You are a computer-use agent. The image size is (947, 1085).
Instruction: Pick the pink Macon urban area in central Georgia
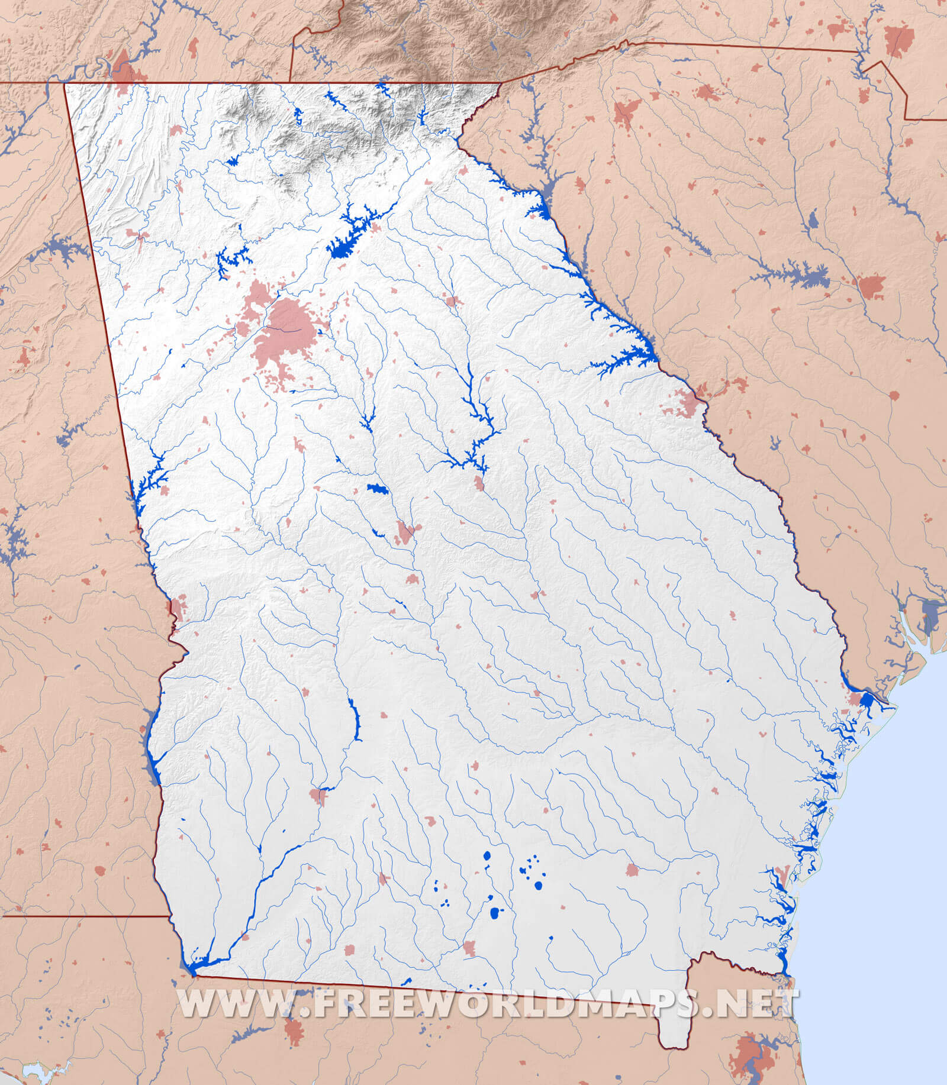[x=406, y=532]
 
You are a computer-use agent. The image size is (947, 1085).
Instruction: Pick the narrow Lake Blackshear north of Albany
[x=355, y=719]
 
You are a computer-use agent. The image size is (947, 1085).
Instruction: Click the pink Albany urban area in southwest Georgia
[x=318, y=796]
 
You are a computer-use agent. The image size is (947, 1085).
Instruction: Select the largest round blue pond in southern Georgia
[x=495, y=913]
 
